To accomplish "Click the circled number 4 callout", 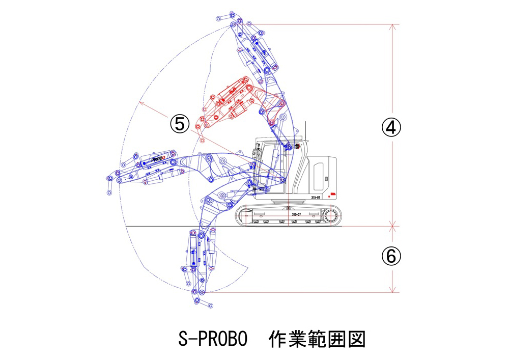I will pos(391,128).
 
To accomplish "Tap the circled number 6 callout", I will pos(391,257).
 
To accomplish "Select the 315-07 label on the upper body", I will pos(316,197).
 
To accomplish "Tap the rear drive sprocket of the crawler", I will pos(329,215).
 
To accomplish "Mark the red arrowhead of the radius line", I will pos(140,104).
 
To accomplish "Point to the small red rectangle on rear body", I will pos(333,194).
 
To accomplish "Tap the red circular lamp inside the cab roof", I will pos(293,147).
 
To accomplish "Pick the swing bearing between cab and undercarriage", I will pos(288,203).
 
